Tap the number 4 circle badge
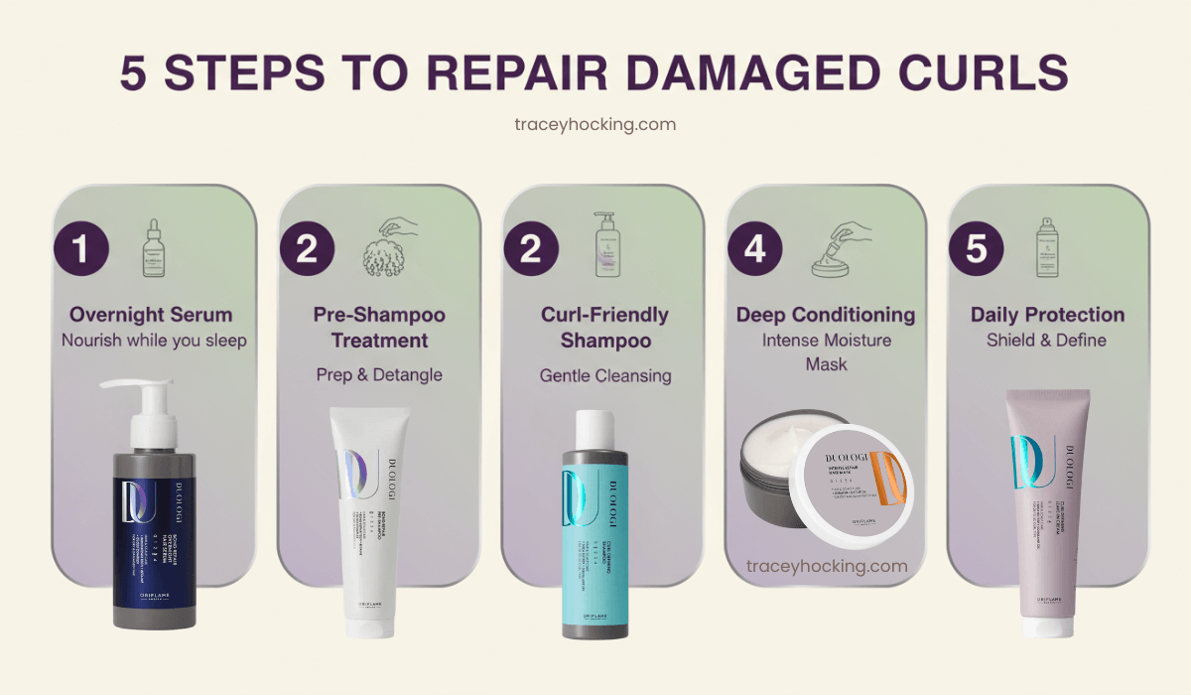(756, 249)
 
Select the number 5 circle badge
(978, 249)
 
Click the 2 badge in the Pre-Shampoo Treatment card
(307, 249)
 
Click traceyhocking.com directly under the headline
(595, 124)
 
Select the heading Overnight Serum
(151, 315)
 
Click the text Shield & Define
(1047, 341)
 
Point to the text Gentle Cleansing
(605, 375)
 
